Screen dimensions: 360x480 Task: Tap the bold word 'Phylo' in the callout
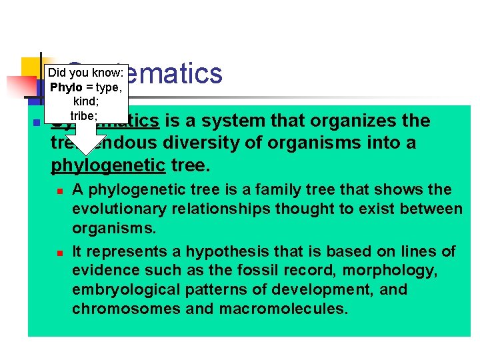[66, 88]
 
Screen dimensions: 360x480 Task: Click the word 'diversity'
[225, 143]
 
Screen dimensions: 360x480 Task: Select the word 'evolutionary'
[119, 209]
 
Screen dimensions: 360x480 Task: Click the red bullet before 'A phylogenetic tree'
[59, 191]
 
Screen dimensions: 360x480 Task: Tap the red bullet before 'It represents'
[59, 253]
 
